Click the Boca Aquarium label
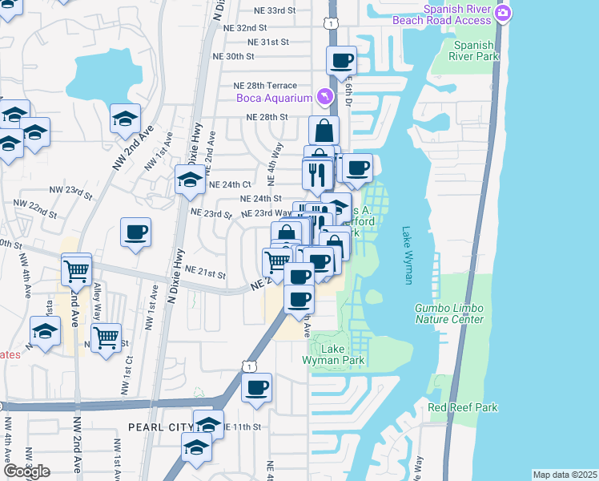(x=273, y=99)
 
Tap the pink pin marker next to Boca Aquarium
(x=324, y=97)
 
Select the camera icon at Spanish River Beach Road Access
(x=503, y=13)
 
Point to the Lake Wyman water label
(x=407, y=255)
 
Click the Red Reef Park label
(x=463, y=407)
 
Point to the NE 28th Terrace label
(x=265, y=86)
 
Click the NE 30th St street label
(x=234, y=57)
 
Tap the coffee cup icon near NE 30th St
(x=342, y=60)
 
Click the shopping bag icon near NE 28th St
(x=324, y=130)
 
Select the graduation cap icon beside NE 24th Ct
(x=189, y=180)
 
